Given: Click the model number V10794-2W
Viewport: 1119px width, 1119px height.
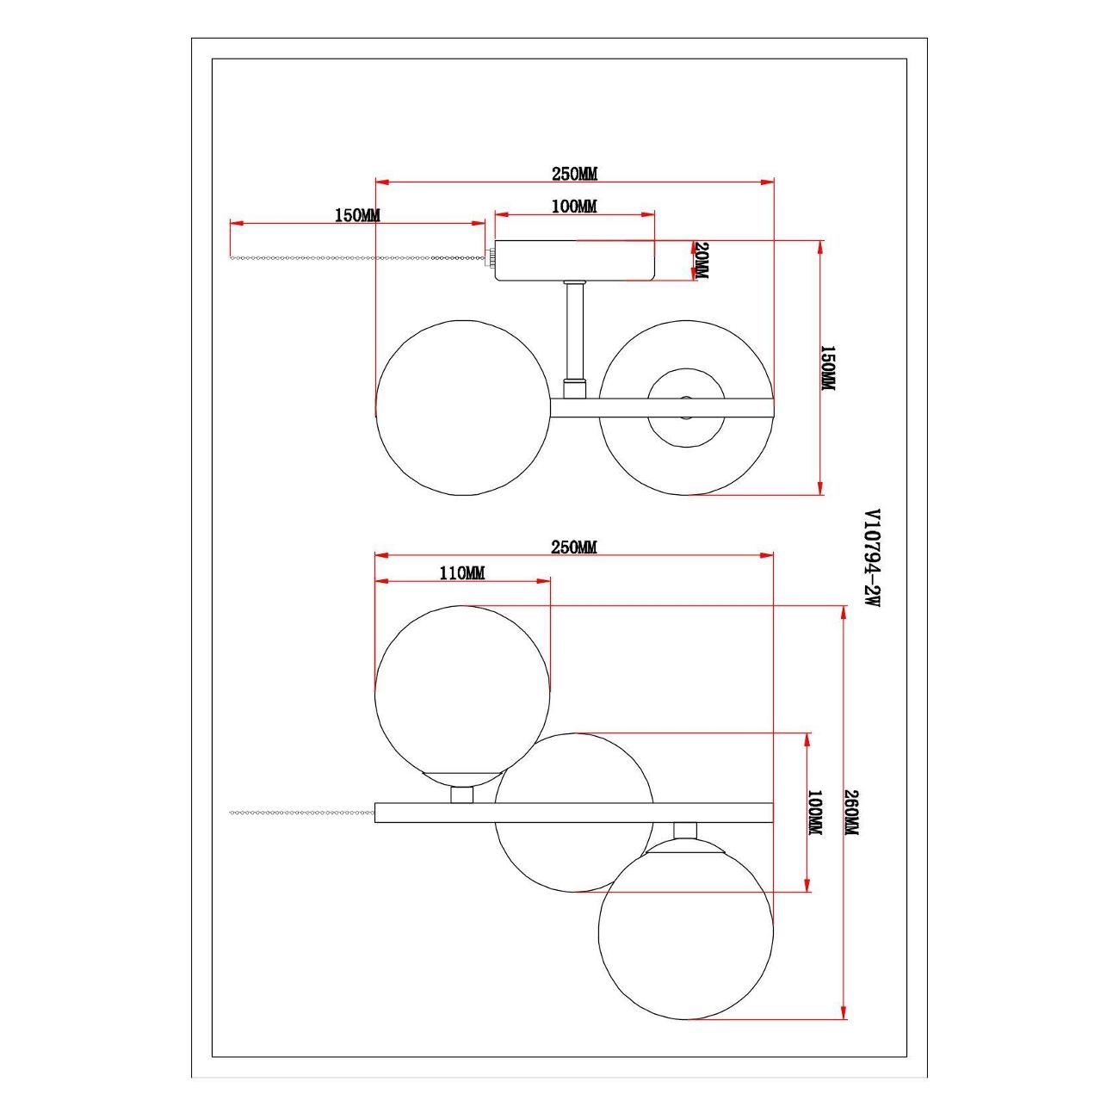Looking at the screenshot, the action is (x=872, y=559).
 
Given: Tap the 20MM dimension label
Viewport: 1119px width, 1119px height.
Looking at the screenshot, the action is (x=701, y=260).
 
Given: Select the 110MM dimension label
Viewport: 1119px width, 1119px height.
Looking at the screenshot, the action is (x=462, y=574).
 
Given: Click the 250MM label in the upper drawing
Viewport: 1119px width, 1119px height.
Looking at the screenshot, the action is (x=574, y=174).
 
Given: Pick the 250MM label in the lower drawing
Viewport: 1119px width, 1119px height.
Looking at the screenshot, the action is (x=574, y=547).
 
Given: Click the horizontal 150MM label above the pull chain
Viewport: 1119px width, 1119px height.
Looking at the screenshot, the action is (x=357, y=215).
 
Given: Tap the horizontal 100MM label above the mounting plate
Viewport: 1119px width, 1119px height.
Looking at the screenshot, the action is (x=574, y=206).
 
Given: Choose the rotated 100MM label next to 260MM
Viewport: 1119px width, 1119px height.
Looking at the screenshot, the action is (x=815, y=813).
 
